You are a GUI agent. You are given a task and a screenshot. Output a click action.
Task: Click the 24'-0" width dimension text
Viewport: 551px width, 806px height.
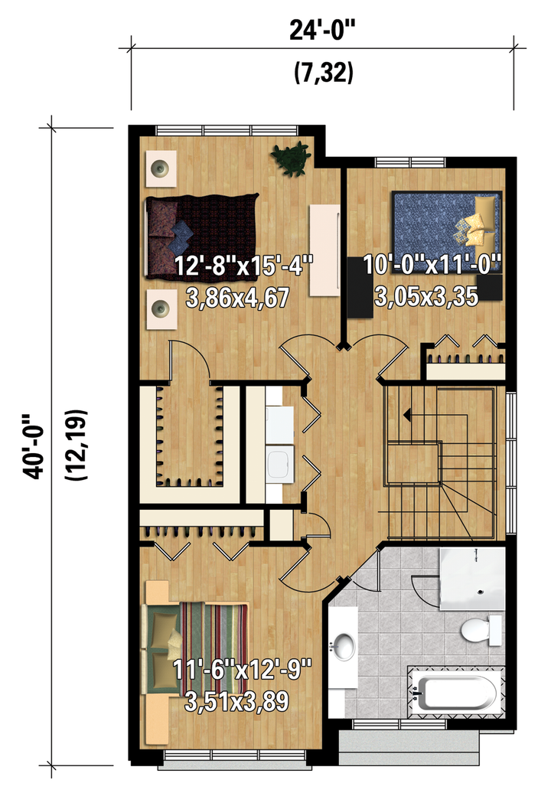(x=322, y=31)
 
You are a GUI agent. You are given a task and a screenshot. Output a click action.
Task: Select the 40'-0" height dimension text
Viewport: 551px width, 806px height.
(x=33, y=446)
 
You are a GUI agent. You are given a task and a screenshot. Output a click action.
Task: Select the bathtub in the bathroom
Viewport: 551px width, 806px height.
(x=455, y=691)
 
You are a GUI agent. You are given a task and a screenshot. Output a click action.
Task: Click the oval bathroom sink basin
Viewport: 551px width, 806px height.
(x=344, y=645)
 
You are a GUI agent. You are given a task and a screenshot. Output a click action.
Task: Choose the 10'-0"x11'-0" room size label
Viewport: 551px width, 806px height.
(x=432, y=266)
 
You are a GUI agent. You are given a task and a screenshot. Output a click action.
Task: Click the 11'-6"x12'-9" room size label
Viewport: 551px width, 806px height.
(x=242, y=670)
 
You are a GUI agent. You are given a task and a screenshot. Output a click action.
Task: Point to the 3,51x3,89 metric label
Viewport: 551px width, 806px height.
(x=236, y=702)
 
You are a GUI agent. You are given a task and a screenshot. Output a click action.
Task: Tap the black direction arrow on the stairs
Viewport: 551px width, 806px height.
(x=406, y=414)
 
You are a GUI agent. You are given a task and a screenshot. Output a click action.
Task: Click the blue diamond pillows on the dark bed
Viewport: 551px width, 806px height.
(x=182, y=233)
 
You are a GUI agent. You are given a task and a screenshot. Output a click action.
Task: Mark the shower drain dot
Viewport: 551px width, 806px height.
(x=481, y=592)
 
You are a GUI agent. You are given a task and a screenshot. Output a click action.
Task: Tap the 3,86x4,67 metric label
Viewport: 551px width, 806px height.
(x=237, y=299)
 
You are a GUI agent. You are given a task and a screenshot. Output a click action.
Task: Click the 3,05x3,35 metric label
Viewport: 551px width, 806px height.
(x=426, y=296)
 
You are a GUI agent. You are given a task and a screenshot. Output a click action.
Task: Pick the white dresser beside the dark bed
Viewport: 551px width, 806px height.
(x=324, y=250)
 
